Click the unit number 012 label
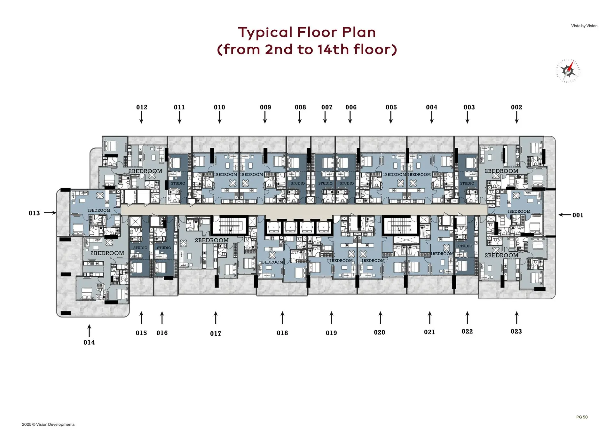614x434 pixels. pos(142,107)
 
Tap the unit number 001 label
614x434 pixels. pos(578,215)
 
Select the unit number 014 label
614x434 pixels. pos(89,343)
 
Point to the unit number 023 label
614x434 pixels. pos(516,332)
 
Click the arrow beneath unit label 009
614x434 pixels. pos(265,117)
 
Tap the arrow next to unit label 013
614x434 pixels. pos(50,213)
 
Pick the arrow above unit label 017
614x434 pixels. pos(216,318)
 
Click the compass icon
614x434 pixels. pos(568,71)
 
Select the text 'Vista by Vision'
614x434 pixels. pos(584,26)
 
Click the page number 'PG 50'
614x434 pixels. pos(582,417)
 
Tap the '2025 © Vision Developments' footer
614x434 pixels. pos(48,424)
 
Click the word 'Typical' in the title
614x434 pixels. pos(265,32)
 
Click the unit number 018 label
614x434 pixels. pos(282,333)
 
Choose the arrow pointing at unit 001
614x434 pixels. pos(565,215)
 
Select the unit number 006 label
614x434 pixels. pos(351,107)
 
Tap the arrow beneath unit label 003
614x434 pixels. pos(467,117)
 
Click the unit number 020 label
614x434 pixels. pos(380,333)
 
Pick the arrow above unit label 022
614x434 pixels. pos(467,318)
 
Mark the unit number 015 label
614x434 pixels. pos(141,333)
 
